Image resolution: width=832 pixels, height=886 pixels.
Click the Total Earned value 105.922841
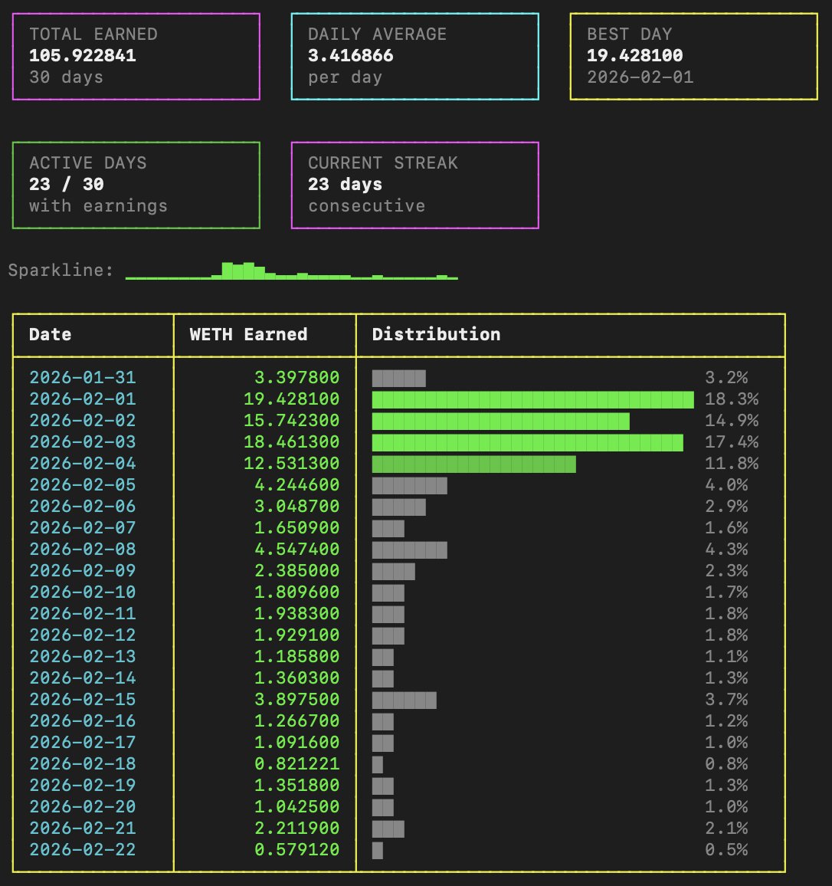pos(83,56)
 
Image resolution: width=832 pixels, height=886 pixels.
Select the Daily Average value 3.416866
pos(351,56)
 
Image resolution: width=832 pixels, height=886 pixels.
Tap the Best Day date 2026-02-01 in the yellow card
pos(640,77)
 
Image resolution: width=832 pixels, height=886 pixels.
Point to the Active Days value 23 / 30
pos(67,185)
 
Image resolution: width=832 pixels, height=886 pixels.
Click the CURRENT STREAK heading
pos(383,163)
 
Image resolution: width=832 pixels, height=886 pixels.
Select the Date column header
pos(51,335)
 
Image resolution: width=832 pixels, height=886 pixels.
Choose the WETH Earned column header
pos(249,335)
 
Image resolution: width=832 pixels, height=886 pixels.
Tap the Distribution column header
pos(436,335)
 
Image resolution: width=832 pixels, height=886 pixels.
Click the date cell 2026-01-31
pos(83,378)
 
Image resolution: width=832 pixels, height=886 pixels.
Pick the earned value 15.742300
pos(292,421)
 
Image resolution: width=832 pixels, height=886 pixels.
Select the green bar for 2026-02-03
pos(527,442)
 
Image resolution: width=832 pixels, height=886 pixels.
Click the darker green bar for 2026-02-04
pos(473,464)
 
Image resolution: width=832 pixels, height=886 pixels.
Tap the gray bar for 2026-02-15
pos(404,700)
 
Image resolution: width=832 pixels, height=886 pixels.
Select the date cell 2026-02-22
pos(83,850)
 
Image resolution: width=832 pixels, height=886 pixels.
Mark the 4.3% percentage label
pos(726,550)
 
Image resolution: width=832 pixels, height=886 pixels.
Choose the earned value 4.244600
pos(297,485)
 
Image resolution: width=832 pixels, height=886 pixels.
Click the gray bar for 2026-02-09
pos(393,571)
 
